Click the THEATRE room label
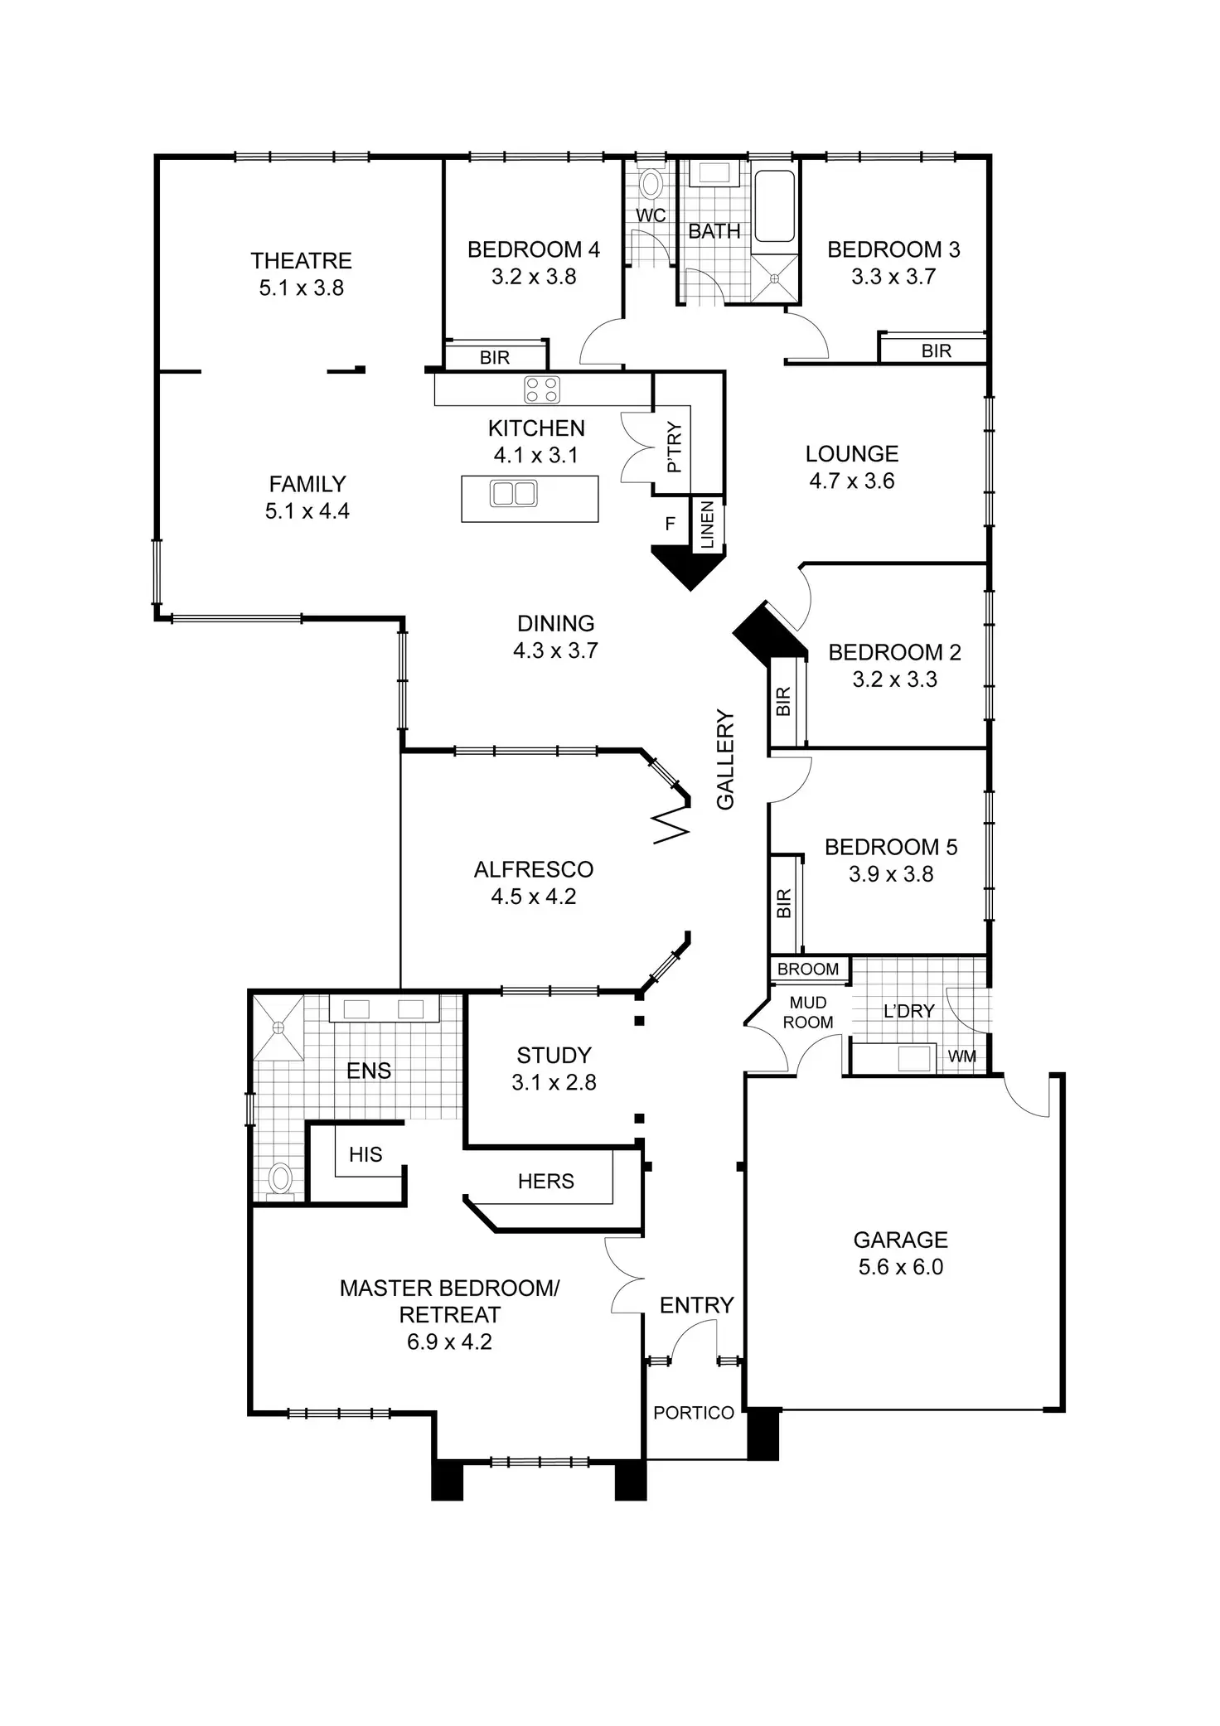point(301,261)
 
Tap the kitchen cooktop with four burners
point(542,389)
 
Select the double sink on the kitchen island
point(514,494)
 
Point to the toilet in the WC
point(651,182)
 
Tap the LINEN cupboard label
point(707,525)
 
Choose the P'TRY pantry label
point(674,447)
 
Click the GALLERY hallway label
point(725,759)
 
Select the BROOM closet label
point(807,969)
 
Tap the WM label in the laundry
point(961,1056)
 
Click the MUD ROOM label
point(807,1013)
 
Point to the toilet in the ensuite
point(281,1177)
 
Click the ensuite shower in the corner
point(278,1027)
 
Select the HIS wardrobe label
point(366,1154)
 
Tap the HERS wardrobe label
point(545,1181)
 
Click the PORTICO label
point(694,1413)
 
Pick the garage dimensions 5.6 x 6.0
point(901,1267)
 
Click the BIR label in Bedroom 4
point(495,358)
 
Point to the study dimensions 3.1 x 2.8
point(554,1082)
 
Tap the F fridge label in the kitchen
point(671,524)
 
